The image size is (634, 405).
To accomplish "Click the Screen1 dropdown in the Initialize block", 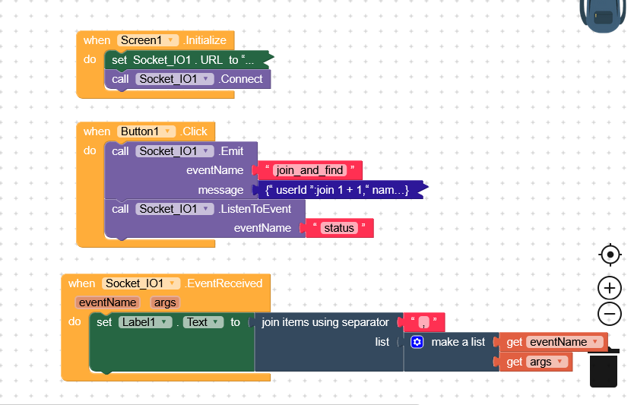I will (x=148, y=40).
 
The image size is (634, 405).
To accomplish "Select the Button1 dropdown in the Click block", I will (x=147, y=131).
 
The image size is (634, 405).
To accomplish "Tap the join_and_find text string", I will (x=310, y=170).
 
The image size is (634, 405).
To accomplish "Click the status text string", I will (x=339, y=228).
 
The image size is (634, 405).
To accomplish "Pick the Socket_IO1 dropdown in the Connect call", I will (x=174, y=79).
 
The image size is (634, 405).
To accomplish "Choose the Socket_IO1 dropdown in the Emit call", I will (x=174, y=151).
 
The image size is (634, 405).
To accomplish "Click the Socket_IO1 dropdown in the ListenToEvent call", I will (x=174, y=209).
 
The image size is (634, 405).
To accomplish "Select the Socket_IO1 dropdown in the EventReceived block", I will (x=141, y=283).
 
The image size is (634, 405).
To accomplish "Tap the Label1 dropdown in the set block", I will (x=145, y=322).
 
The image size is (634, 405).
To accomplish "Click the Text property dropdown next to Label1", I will (x=203, y=322).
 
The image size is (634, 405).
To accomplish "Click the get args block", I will (x=539, y=362).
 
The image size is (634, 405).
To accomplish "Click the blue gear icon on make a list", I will (x=417, y=342).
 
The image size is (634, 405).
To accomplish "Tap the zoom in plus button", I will (x=610, y=288).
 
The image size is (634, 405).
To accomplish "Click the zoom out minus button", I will (x=610, y=313).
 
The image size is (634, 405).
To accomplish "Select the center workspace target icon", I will (x=610, y=255).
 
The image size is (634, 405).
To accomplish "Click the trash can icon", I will (x=604, y=369).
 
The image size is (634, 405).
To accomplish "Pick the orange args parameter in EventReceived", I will (x=164, y=302).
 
